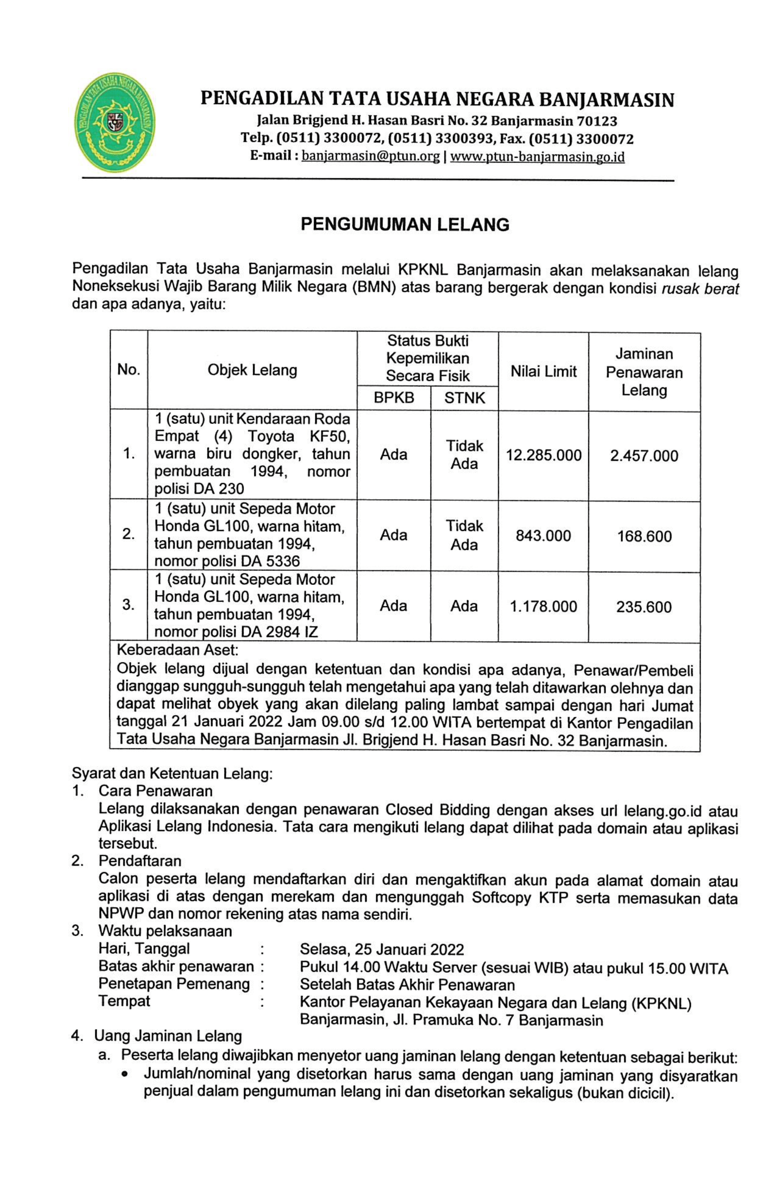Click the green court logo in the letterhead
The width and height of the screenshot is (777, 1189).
(x=114, y=122)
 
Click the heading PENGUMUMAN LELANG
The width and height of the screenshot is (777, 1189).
(x=404, y=225)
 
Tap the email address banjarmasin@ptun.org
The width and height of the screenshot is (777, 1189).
(x=371, y=157)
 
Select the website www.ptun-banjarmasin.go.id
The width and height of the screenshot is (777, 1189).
(x=537, y=157)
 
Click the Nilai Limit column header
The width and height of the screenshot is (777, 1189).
(x=543, y=371)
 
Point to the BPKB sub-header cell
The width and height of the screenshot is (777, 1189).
(x=394, y=398)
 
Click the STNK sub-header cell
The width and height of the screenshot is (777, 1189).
(x=464, y=398)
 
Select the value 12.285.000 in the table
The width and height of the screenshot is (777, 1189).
(x=543, y=455)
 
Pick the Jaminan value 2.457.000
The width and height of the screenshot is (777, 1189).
(x=644, y=455)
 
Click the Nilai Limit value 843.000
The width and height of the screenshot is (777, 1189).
(x=543, y=536)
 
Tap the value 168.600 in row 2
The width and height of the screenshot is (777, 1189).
(x=644, y=536)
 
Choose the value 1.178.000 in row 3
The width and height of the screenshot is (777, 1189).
(x=543, y=606)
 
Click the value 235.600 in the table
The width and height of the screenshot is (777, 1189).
(x=643, y=607)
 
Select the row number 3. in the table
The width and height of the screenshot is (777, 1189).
(x=128, y=605)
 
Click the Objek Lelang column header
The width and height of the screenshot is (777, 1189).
(x=252, y=370)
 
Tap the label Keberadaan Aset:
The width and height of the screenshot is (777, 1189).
(x=177, y=650)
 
